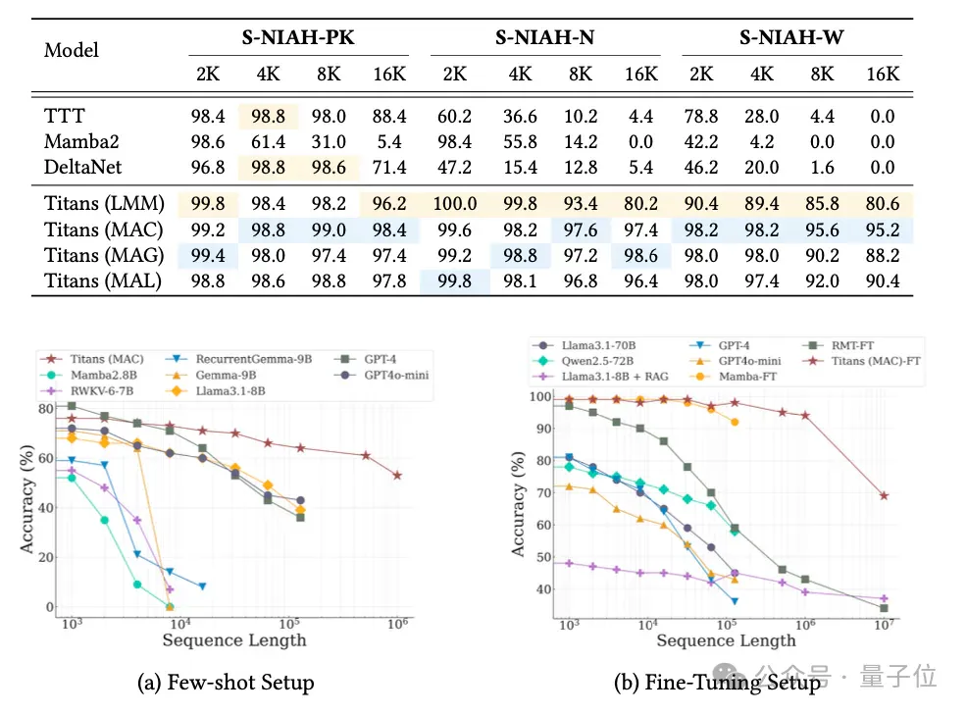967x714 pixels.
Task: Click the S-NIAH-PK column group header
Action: click(298, 37)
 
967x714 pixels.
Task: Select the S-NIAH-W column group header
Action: click(791, 37)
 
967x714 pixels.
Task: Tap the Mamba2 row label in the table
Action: click(81, 142)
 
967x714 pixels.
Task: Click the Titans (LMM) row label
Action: click(104, 203)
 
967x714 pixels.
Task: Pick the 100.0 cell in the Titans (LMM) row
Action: click(454, 203)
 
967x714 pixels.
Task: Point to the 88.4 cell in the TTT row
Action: click(389, 117)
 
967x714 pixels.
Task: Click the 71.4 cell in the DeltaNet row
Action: click(389, 167)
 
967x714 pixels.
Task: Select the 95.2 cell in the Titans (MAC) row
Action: click(883, 229)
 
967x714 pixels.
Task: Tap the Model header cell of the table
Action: click(71, 50)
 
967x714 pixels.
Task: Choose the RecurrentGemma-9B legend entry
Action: click(239, 359)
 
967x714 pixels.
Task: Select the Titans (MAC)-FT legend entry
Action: click(862, 361)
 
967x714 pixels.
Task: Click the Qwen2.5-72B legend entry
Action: click(584, 361)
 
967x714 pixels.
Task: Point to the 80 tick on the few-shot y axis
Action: click(45, 408)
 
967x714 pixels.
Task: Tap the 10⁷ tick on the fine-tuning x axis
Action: click(885, 625)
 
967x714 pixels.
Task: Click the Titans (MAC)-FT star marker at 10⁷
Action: click(884, 495)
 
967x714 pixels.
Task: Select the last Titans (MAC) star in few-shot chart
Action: click(398, 476)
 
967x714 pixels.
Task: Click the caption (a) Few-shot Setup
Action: click(226, 683)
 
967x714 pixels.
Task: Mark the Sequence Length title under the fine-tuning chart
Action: click(726, 640)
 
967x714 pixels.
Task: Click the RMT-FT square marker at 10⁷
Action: click(884, 608)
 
